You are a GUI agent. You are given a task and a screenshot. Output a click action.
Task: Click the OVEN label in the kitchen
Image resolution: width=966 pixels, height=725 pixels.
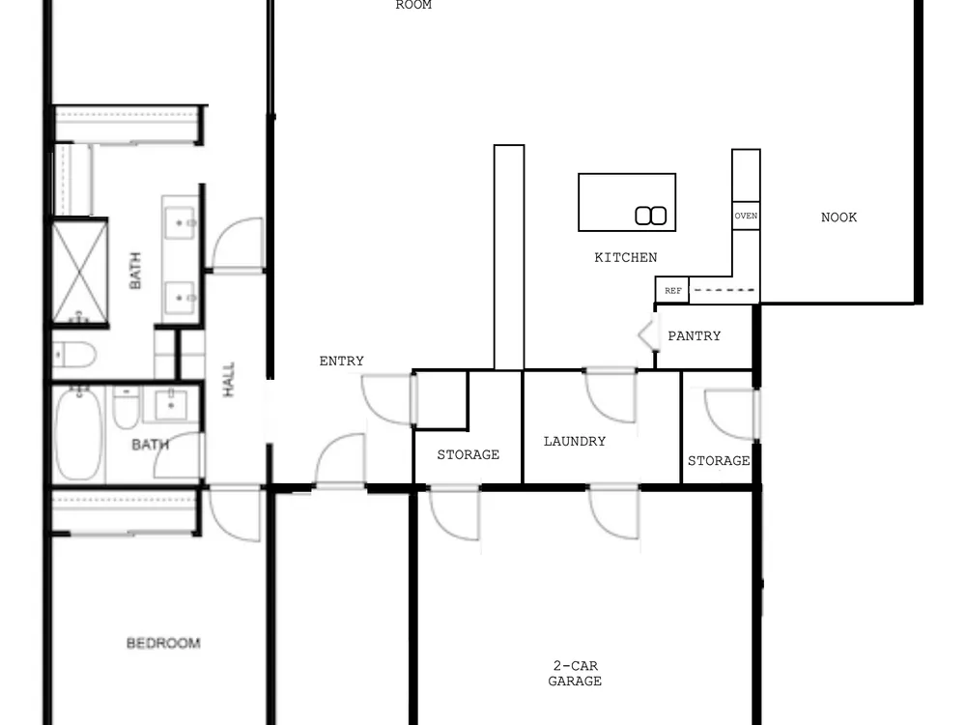746,216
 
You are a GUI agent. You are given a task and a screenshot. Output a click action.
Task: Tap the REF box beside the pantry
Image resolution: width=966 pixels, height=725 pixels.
672,290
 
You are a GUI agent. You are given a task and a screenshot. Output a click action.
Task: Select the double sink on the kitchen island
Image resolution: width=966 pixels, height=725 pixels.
650,216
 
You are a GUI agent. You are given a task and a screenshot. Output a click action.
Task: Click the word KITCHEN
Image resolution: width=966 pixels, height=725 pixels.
625,257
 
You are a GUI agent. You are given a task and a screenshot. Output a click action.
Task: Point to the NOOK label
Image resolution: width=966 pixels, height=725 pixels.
838,217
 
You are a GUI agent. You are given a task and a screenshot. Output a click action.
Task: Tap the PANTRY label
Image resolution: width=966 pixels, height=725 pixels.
694,336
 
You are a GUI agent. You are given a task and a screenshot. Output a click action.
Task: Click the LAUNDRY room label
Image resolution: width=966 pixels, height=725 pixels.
574,442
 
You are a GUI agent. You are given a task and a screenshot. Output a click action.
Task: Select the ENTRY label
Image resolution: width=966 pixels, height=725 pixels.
341,361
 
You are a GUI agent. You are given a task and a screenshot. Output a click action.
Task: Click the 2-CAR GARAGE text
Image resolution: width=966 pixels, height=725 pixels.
575,673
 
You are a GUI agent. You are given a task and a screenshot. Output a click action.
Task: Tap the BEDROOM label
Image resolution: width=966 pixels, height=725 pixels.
163,643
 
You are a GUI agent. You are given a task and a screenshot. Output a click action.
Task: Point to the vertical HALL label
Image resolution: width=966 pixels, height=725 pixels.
228,379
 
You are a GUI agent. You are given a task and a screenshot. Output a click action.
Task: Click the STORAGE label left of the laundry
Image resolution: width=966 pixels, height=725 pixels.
469,454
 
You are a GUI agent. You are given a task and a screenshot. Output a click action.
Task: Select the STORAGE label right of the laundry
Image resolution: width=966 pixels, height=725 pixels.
719,460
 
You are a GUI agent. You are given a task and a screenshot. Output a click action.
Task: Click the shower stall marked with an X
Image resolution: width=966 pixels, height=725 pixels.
79,272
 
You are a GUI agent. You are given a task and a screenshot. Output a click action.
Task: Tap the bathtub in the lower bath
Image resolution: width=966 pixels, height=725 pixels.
78,433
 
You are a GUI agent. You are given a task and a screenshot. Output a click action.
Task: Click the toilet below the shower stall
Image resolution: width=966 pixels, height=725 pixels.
74,355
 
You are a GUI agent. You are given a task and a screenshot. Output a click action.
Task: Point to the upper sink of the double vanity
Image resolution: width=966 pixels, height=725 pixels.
180,222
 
